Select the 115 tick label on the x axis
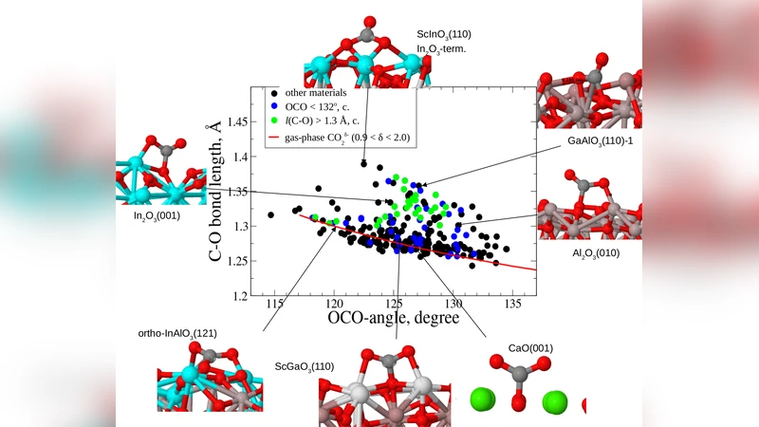tap(275, 304)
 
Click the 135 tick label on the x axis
tap(512, 304)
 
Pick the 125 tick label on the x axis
tap(394, 304)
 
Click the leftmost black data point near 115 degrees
tap(271, 214)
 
